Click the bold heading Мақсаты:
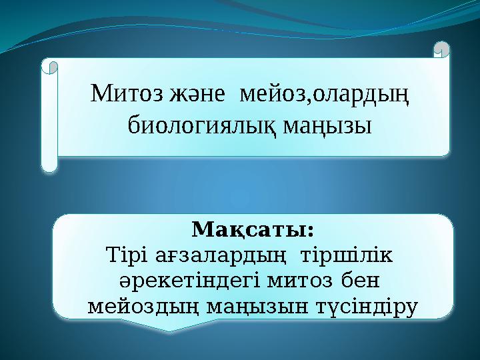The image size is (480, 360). tap(253, 230)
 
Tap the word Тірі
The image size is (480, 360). tap(125, 255)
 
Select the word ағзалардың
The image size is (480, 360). tap(219, 255)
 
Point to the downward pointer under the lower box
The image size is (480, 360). tap(170, 325)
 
